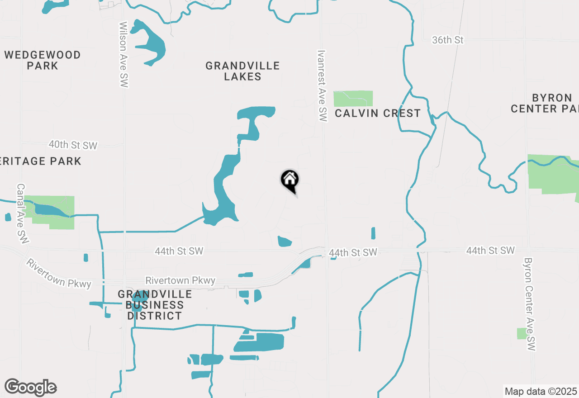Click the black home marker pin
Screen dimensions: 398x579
(x=289, y=180)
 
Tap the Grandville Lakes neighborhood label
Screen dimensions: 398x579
(x=242, y=71)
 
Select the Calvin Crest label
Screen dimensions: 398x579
(x=378, y=113)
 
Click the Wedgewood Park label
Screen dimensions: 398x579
(x=43, y=60)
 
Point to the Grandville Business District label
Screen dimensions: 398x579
(x=155, y=305)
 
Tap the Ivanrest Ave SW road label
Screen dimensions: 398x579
(x=322, y=85)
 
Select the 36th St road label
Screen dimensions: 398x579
(x=448, y=40)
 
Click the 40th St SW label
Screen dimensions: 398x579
(x=73, y=145)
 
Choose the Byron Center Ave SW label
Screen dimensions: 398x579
(x=529, y=304)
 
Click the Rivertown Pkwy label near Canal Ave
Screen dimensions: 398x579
(x=59, y=274)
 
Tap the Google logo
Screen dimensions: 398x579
(x=30, y=388)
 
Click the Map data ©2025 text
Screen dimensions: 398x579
(x=541, y=391)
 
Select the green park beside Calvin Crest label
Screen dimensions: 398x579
(x=353, y=99)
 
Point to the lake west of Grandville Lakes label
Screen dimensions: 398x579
(x=150, y=43)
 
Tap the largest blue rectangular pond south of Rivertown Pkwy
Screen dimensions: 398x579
(x=259, y=342)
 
